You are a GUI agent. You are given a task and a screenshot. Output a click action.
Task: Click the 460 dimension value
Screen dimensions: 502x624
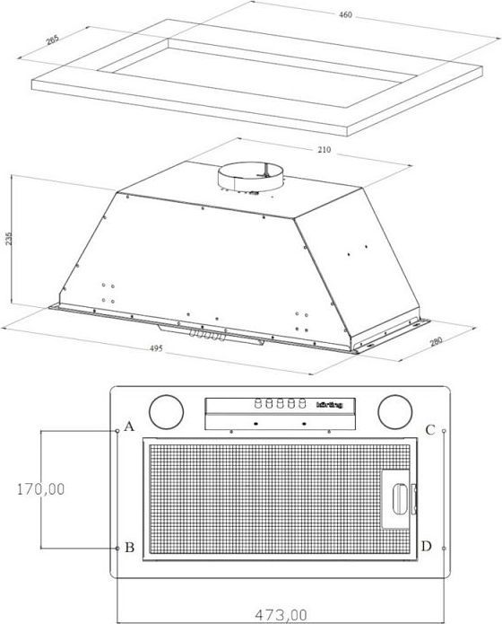[345, 14]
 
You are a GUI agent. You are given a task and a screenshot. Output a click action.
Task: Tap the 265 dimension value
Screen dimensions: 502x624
[52, 40]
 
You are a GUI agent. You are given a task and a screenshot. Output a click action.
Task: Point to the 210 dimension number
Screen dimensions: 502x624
[324, 150]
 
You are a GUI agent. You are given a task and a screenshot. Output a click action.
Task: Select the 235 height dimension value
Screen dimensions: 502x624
[9, 238]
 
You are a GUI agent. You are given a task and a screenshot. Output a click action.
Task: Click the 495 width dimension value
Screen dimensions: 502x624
[156, 348]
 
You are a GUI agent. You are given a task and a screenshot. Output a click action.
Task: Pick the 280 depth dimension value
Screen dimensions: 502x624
[436, 341]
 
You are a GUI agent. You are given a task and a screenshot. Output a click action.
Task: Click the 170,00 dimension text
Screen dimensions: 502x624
[40, 489]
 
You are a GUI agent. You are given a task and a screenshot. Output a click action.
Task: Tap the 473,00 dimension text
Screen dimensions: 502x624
[281, 615]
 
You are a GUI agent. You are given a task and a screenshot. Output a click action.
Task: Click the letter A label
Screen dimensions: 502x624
[129, 426]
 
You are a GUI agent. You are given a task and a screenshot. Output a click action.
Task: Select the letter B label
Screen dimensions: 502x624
[130, 548]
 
